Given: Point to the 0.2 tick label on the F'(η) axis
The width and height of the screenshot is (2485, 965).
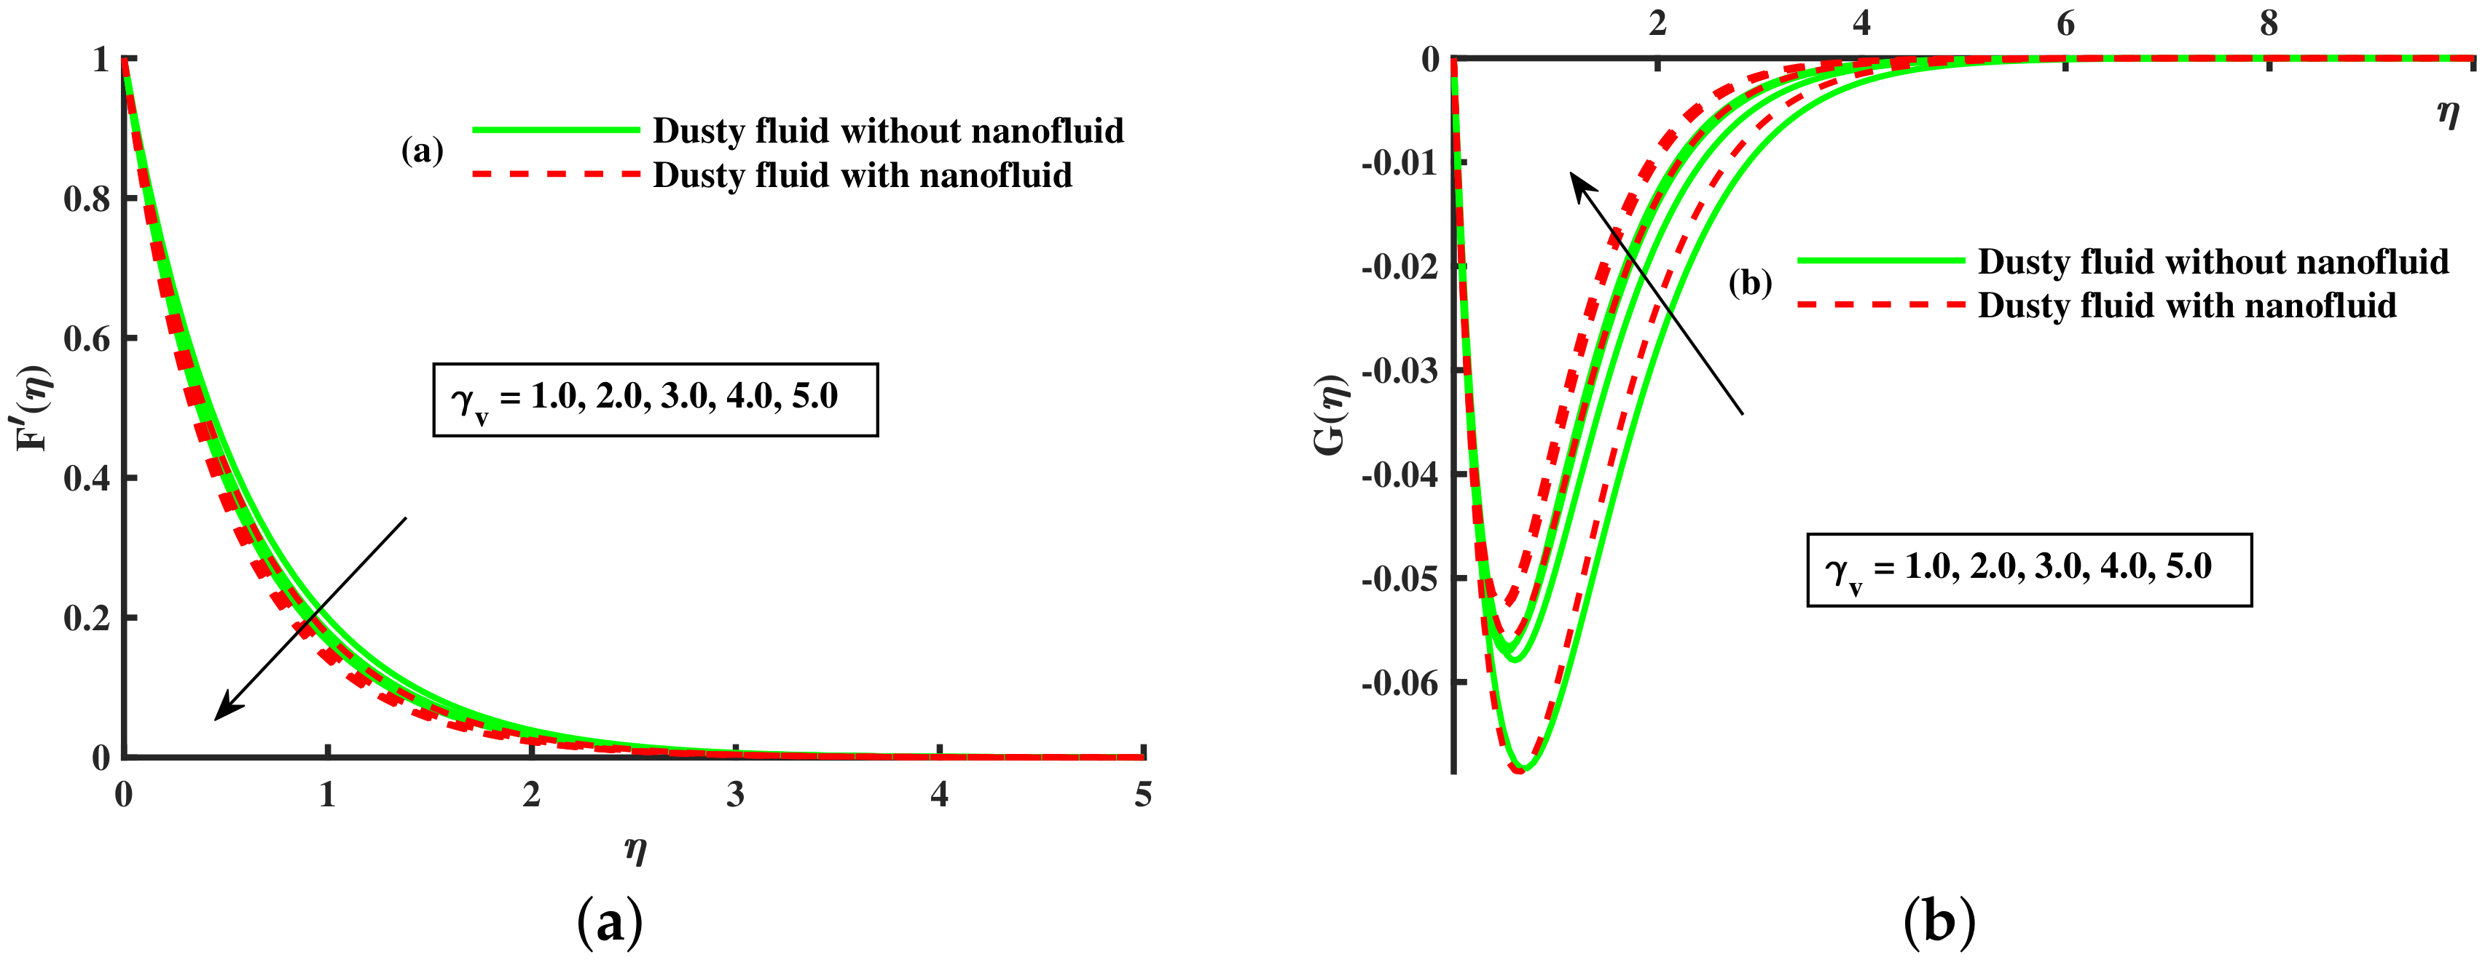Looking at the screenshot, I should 86,618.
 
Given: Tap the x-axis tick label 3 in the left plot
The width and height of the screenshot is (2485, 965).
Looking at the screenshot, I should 735,795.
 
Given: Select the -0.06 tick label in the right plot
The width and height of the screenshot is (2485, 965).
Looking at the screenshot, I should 1399,683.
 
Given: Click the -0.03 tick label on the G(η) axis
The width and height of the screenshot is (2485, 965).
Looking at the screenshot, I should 1399,370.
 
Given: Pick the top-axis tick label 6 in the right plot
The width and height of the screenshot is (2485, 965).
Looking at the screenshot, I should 2065,23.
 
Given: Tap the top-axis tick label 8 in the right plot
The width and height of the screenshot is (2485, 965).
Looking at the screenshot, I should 2269,23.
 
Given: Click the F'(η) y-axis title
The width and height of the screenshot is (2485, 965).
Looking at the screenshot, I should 36,409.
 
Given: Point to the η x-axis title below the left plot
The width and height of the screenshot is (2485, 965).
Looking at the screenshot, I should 635,849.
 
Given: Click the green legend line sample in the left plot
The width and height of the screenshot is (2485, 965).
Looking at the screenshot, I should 556,130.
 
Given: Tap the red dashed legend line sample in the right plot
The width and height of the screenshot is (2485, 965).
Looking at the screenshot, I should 1880,306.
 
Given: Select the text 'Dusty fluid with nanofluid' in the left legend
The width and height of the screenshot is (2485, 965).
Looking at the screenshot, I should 863,175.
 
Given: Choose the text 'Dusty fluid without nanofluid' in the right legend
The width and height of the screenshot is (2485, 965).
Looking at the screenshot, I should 2213,261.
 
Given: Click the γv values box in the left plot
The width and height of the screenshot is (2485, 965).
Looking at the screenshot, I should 655,399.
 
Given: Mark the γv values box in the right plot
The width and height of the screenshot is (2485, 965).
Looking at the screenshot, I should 2029,570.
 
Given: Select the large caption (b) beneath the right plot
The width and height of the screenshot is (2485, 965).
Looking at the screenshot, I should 1939,921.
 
